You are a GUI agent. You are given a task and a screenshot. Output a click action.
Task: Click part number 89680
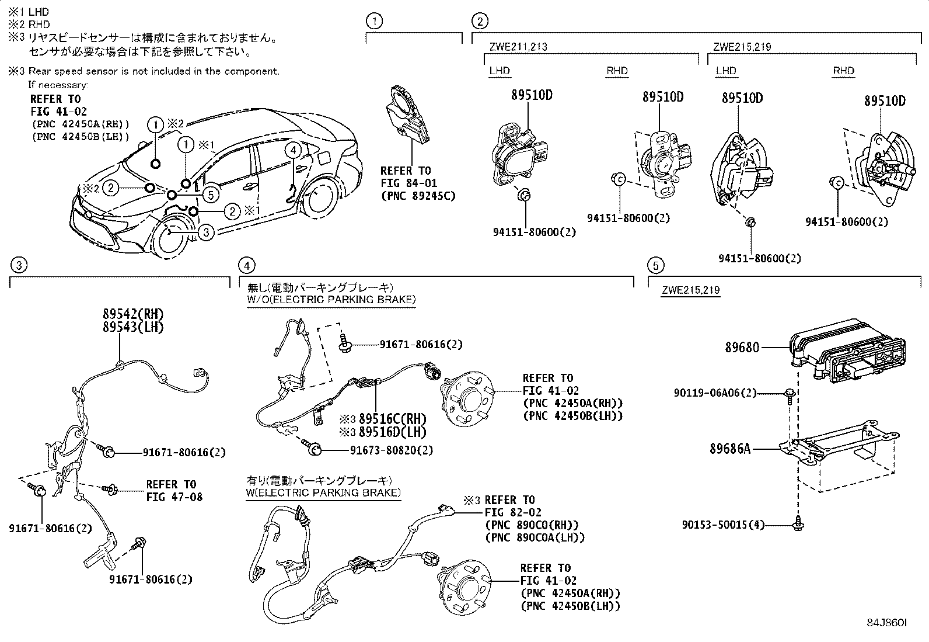(x=742, y=348)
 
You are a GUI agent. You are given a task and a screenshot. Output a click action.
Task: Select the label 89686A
(x=729, y=449)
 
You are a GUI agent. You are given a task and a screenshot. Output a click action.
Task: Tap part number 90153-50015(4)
(x=722, y=525)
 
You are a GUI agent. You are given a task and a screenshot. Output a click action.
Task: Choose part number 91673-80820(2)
(x=392, y=450)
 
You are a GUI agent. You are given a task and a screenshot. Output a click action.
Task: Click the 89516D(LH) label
(x=392, y=432)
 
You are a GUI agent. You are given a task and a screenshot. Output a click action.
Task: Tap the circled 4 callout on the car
(x=293, y=150)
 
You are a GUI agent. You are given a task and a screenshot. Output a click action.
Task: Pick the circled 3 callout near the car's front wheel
(x=206, y=232)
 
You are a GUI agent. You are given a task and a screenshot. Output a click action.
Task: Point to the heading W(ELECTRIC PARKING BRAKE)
(x=323, y=492)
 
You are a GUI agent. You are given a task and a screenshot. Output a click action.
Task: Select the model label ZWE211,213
(x=518, y=47)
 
